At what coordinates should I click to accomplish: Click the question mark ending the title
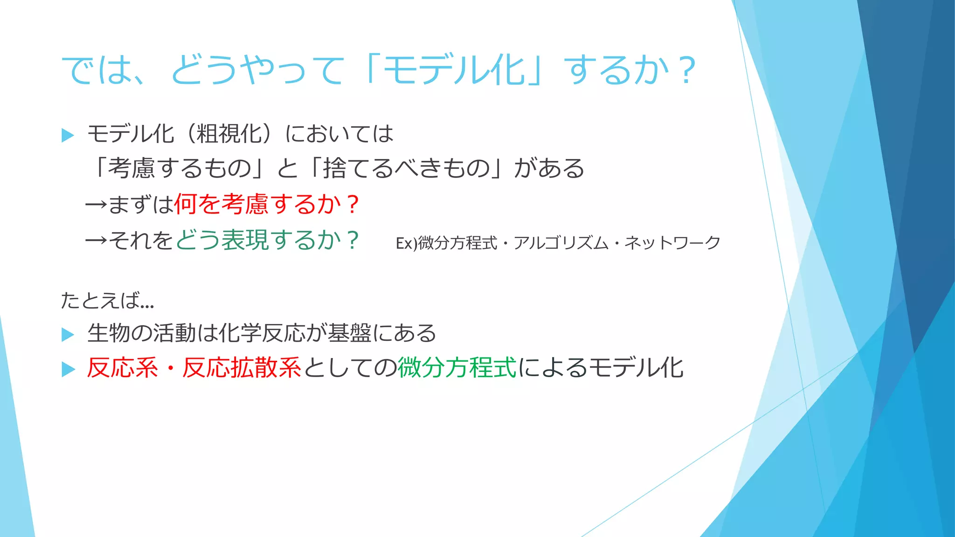(687, 71)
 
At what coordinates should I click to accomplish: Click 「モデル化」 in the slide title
(455, 71)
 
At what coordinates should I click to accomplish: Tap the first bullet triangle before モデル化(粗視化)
(68, 136)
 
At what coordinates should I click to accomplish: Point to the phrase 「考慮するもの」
(178, 168)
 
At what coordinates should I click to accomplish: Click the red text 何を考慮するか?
(266, 204)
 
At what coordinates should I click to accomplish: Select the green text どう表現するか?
(266, 240)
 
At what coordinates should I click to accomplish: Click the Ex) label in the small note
(406, 243)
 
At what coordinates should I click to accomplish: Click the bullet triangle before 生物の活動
(68, 334)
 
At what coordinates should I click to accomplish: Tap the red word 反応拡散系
(242, 368)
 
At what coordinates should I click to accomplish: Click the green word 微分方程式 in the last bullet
(457, 368)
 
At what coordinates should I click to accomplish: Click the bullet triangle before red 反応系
(68, 370)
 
